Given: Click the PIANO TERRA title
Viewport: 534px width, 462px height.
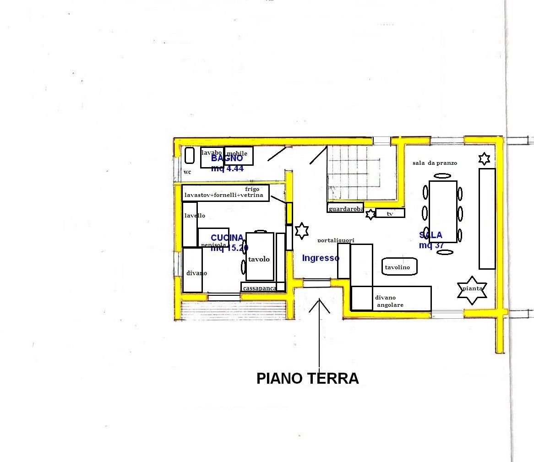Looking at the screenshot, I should [x=307, y=379].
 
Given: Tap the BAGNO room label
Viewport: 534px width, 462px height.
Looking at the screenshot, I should [x=227, y=158].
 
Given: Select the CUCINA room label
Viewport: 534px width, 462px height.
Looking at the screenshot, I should [x=227, y=238].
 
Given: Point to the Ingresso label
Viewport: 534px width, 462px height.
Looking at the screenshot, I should [x=321, y=258].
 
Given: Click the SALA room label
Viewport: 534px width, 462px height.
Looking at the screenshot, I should [x=430, y=235].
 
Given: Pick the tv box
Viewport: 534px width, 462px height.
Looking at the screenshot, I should [x=390, y=213].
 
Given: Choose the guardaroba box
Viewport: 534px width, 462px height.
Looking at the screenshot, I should [x=345, y=208].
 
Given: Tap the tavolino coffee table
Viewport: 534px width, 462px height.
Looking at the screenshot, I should [x=400, y=267].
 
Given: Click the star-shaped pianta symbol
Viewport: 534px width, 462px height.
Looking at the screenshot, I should [x=472, y=290].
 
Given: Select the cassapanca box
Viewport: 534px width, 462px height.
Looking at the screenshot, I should [x=259, y=288].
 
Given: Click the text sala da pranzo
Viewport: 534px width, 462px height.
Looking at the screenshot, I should [x=434, y=163].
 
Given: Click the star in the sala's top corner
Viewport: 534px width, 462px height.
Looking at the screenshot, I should [x=484, y=158].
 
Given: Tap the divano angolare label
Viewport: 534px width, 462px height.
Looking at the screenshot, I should [x=389, y=301].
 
